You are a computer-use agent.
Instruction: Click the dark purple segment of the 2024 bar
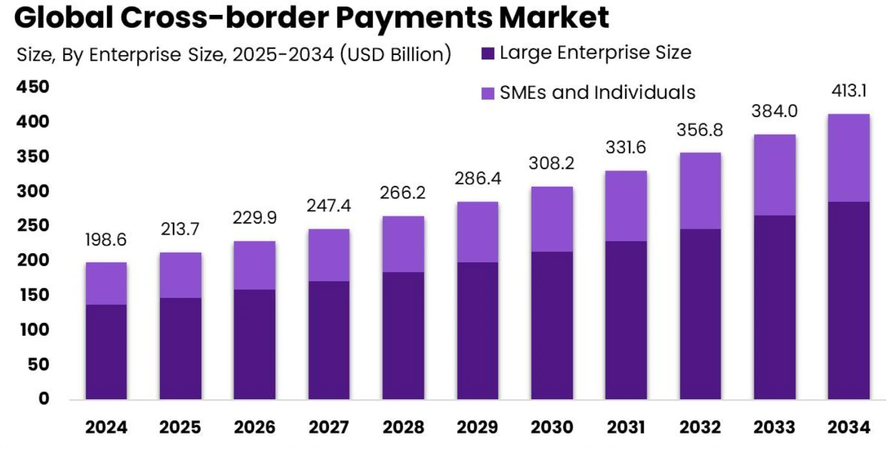coord(106,351)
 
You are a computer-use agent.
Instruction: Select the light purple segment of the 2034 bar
coord(848,158)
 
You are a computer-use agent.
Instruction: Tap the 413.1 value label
coord(848,91)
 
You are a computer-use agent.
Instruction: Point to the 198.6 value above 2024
coord(106,240)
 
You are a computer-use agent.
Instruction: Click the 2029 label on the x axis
coord(477,427)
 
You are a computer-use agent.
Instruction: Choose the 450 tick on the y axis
coord(32,87)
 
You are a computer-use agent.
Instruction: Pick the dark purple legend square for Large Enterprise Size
coord(488,54)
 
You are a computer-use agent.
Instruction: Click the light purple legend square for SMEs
coord(488,93)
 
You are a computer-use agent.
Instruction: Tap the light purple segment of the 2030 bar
coord(552,219)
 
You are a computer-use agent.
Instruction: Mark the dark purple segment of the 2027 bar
coord(329,340)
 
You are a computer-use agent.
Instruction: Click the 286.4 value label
coord(477,178)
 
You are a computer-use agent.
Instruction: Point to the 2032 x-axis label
coord(700,427)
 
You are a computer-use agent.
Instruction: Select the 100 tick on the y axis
coord(32,330)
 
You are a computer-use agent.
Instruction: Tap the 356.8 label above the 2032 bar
coord(700,129)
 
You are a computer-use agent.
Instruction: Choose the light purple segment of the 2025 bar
coord(180,275)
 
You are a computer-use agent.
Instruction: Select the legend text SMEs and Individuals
coord(597,92)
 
